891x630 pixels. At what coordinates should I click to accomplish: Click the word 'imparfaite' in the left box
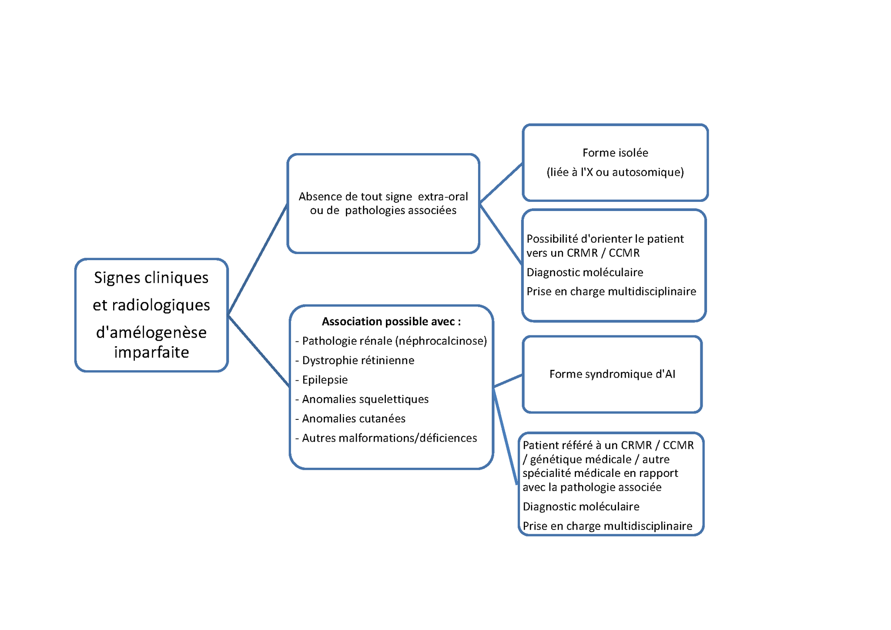point(151,352)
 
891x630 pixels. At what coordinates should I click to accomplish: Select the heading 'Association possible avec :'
point(391,322)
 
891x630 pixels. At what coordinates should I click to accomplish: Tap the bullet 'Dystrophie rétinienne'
point(358,360)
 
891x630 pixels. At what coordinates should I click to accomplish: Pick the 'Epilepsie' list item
point(325,380)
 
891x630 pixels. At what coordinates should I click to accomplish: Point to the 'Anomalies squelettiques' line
point(365,399)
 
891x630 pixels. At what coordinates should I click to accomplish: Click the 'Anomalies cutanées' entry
point(353,419)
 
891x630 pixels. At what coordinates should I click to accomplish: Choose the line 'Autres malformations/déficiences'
point(389,438)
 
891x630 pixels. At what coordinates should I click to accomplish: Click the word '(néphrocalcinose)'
point(441,341)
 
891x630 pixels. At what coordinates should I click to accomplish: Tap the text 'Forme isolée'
point(615,153)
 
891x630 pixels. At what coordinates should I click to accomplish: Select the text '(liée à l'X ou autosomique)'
point(615,172)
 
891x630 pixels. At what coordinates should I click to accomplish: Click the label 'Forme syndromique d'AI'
point(612,374)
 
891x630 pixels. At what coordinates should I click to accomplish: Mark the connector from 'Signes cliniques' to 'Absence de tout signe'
point(258,259)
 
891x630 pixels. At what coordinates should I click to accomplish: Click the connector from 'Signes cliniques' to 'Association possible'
point(259,351)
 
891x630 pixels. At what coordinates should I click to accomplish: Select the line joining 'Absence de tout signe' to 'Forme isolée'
point(501,183)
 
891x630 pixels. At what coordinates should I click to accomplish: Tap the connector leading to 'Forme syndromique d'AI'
point(508,381)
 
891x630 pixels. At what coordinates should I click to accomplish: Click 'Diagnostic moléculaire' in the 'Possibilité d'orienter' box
point(585,272)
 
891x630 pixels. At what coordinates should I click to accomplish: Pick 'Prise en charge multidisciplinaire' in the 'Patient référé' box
point(607,526)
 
